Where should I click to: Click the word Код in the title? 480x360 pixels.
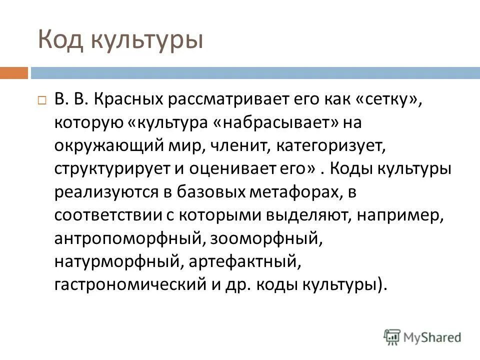click(x=58, y=40)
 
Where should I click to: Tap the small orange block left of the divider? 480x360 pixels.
click(x=13, y=73)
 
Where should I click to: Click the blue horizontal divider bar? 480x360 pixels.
click(x=250, y=73)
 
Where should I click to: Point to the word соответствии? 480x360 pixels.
click(x=104, y=215)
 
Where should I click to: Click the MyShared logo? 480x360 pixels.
click(x=422, y=336)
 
